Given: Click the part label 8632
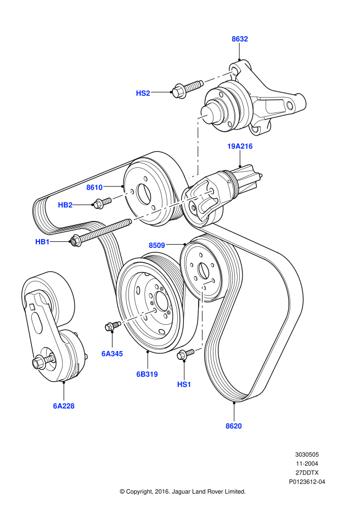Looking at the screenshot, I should pos(239,39).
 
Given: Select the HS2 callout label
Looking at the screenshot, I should pos(143,93).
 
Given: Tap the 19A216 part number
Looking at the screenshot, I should pos(240,146).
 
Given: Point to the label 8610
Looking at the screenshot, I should pos(94,187).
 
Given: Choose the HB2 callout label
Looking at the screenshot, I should pos(65,205).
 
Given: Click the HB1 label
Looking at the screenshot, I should pos(42,241).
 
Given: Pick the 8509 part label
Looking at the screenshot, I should pos(156,245).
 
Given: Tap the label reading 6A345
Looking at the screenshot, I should pos(112,354).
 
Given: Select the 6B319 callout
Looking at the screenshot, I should pos(147,374).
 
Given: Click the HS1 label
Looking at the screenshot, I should pos(184,384).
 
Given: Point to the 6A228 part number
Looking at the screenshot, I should pos(64,406).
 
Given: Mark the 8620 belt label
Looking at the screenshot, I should pos(233,426).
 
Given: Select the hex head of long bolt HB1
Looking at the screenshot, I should pos(76,240).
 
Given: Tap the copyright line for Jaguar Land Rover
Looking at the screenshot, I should pos(183,491).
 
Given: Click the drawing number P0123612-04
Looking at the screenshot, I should pos(307,482).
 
